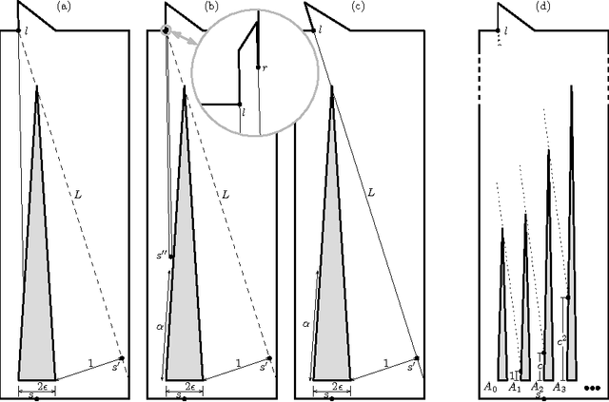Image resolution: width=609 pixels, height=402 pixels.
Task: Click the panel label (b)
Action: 211,7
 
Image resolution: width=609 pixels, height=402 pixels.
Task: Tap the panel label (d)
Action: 542,7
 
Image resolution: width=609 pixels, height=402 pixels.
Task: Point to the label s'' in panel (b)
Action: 163,256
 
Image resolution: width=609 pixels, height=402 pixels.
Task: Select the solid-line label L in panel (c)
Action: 371,193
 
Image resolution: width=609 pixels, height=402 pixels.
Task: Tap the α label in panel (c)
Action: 306,323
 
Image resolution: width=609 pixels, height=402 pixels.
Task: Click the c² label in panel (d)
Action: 561,340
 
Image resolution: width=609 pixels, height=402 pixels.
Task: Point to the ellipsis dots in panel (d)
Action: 595,388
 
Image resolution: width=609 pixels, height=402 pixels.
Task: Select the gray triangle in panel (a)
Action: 37,285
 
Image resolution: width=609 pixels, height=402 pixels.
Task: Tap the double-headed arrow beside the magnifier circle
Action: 179,40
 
